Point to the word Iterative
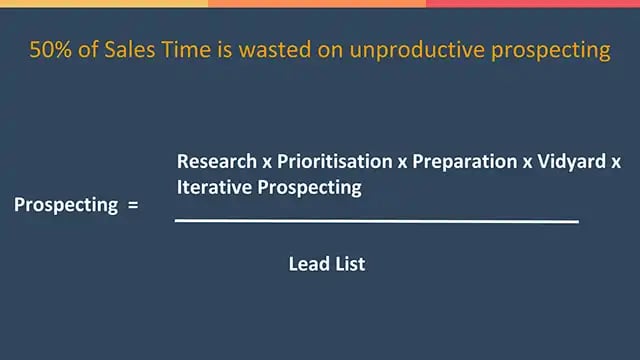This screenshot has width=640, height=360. (212, 186)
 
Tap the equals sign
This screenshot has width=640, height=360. (132, 206)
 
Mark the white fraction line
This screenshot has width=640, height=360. (376, 220)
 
